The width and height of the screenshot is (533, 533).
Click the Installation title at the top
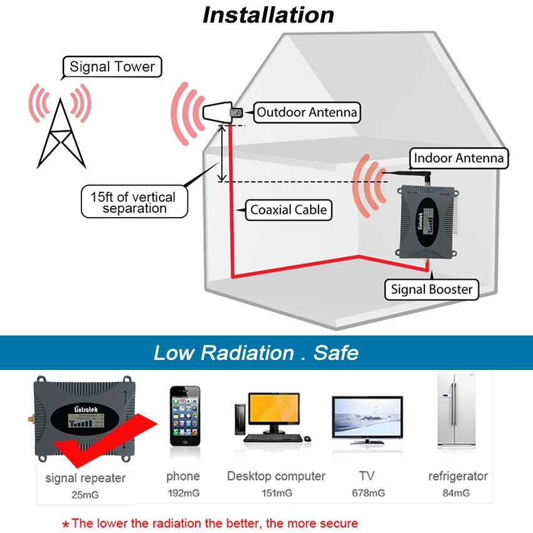point(268,14)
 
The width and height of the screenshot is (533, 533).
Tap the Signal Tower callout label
point(112,67)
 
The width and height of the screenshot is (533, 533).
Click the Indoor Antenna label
point(458,158)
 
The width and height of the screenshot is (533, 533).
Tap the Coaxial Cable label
point(288,210)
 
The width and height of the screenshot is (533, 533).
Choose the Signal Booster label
point(431,289)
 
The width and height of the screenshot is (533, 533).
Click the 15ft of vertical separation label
point(135,203)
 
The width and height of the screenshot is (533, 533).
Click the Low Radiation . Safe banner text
point(256,352)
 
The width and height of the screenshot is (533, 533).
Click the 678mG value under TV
point(368,493)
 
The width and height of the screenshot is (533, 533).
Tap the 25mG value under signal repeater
point(85,495)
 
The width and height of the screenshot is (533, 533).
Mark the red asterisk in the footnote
point(65,524)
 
